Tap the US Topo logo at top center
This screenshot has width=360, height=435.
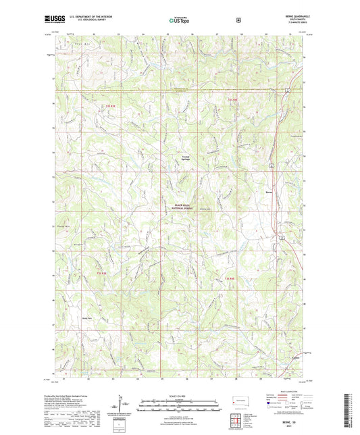(x=179, y=20)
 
